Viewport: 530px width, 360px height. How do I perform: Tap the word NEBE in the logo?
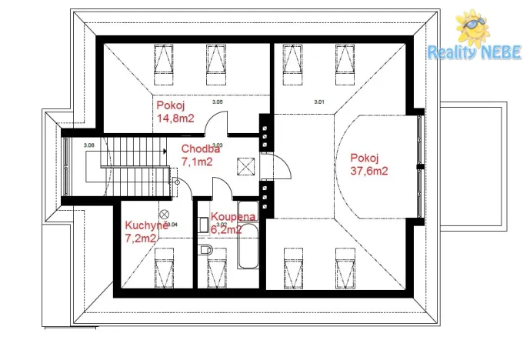pos(501,53)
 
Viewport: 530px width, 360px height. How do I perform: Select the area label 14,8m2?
pos(175,119)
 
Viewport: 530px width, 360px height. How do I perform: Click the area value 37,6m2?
pos(368,171)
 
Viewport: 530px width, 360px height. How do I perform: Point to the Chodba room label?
pos(201,149)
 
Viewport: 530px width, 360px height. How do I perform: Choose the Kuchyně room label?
pos(146,225)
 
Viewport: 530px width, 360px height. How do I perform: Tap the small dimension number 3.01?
pos(319,102)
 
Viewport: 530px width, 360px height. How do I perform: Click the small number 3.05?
pos(218,102)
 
